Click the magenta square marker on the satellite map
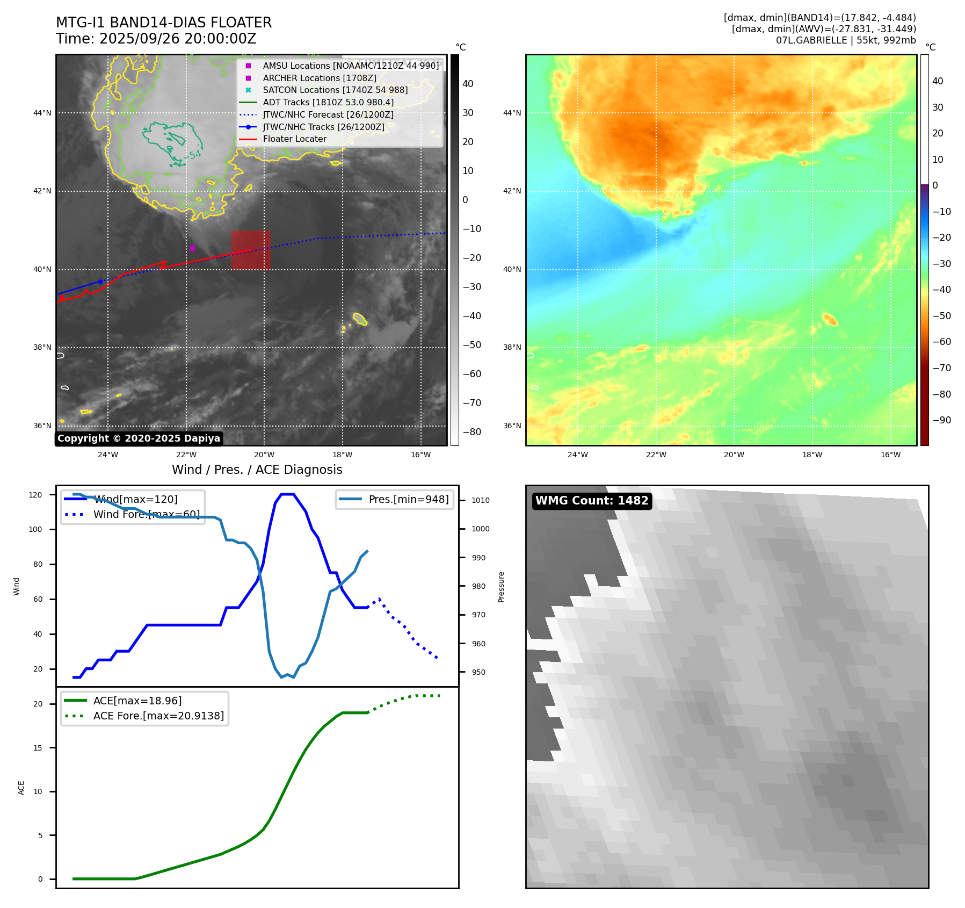pyautogui.click(x=192, y=248)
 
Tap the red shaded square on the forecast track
pyautogui.click(x=250, y=250)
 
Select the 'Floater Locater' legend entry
pyautogui.click(x=294, y=139)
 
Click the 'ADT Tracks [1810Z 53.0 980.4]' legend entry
pyautogui.click(x=328, y=103)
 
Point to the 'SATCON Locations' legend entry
pyautogui.click(x=335, y=90)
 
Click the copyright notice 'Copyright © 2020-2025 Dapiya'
pyautogui.click(x=139, y=438)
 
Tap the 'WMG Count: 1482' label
pyautogui.click(x=592, y=501)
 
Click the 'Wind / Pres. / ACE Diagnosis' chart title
pyautogui.click(x=257, y=470)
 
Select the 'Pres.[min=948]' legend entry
pyautogui.click(x=408, y=500)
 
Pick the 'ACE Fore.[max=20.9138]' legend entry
pyautogui.click(x=158, y=716)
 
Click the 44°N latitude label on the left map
pyautogui.click(x=42, y=113)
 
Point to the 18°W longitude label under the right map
pyautogui.click(x=812, y=455)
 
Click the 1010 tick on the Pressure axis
pyautogui.click(x=481, y=500)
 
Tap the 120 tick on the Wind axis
pyautogui.click(x=35, y=495)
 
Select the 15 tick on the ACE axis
pyautogui.click(x=38, y=748)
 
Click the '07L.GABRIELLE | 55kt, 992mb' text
pyautogui.click(x=845, y=40)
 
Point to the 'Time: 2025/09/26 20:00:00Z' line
pyautogui.click(x=156, y=39)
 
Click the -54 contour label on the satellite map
pyautogui.click(x=194, y=155)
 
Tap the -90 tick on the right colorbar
pyautogui.click(x=941, y=420)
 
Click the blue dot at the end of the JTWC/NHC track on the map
pyautogui.click(x=100, y=282)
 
